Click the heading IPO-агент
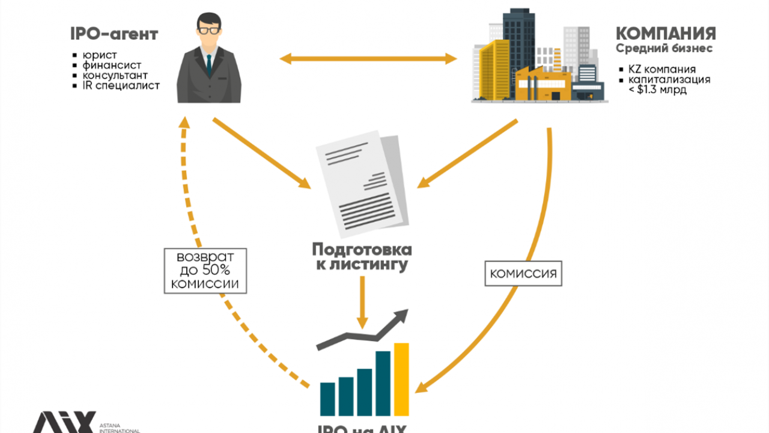pos(114,34)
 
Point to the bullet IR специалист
pos(121,85)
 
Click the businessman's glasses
pos(208,30)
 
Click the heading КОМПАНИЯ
pos(666,33)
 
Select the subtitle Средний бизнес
pos(664,48)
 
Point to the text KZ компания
pos(662,69)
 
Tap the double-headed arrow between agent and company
pos(368,58)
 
